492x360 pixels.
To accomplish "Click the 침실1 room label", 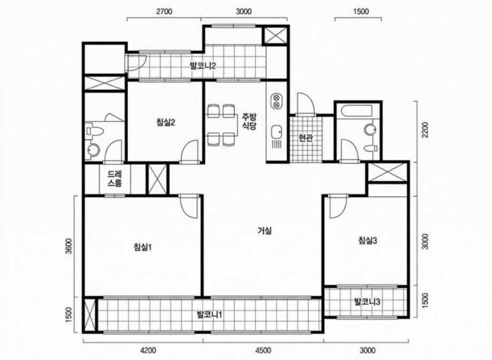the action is tap(143, 247).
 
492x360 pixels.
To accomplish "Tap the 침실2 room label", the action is tap(165, 122).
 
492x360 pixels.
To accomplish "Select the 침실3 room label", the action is tap(367, 241).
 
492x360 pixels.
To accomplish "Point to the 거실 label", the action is tap(264, 231).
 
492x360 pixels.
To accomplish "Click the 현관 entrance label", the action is tap(306, 137).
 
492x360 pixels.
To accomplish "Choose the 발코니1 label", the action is tap(209, 314).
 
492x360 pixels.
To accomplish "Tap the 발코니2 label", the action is tap(202, 66).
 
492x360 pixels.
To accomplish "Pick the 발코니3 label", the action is tap(367, 302).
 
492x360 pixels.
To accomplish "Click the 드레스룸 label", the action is tap(114, 178).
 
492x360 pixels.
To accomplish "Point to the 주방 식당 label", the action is tap(249, 121).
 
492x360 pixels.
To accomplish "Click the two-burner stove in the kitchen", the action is tap(276, 100).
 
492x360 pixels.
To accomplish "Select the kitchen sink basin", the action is tap(276, 132).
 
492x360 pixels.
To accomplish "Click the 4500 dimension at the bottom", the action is tap(263, 350).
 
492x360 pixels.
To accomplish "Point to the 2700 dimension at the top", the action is tap(164, 12).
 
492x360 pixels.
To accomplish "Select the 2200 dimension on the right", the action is tap(424, 130).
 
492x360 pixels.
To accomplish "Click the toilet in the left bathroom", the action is tap(94, 131).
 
